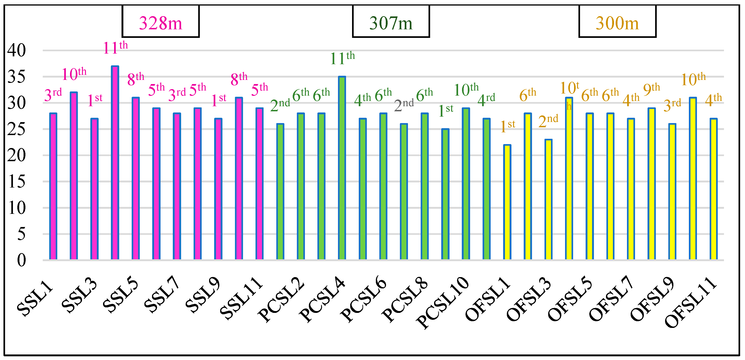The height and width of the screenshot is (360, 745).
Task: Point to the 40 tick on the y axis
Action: [x=16, y=50]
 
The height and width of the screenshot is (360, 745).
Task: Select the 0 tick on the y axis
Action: [x=21, y=260]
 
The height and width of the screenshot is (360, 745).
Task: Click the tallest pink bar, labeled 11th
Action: [x=115, y=162]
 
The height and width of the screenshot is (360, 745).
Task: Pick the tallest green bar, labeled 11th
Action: [x=342, y=168]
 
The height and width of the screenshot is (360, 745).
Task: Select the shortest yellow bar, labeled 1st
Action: [x=507, y=203]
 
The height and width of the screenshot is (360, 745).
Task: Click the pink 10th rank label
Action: [x=74, y=74]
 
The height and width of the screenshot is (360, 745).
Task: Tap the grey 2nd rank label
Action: [x=404, y=105]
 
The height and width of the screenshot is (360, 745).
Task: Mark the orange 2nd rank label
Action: [x=548, y=121]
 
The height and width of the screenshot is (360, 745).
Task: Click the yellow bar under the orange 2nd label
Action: [x=548, y=200]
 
